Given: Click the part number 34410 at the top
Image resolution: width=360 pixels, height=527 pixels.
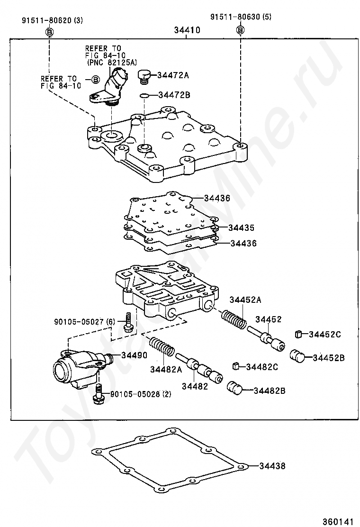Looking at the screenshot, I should coord(187,30).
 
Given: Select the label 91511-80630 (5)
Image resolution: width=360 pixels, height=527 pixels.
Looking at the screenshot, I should coord(241,18).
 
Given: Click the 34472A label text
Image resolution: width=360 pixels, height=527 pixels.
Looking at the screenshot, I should coord(173,75).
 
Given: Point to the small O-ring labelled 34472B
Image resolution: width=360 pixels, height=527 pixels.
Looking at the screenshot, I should coord(145,96).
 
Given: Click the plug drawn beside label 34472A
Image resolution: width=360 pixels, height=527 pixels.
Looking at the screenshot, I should coord(144,76).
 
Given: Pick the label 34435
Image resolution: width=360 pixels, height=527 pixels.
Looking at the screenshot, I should coord(241,227).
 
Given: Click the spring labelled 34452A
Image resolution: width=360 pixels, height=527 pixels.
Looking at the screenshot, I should coord(234,318).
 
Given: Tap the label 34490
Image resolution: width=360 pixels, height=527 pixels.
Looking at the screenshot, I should coord(134,355).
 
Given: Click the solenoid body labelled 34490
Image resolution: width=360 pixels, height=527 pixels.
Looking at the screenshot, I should coord(76,367).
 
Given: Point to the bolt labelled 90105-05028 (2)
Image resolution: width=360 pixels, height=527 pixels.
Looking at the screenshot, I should coord(99,394).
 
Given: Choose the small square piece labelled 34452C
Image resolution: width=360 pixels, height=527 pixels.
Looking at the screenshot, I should coord(299,334).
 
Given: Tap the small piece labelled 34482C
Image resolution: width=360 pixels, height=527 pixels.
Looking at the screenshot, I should coord(235,366).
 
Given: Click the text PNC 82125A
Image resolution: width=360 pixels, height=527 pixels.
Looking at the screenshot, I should coord(112,62).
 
